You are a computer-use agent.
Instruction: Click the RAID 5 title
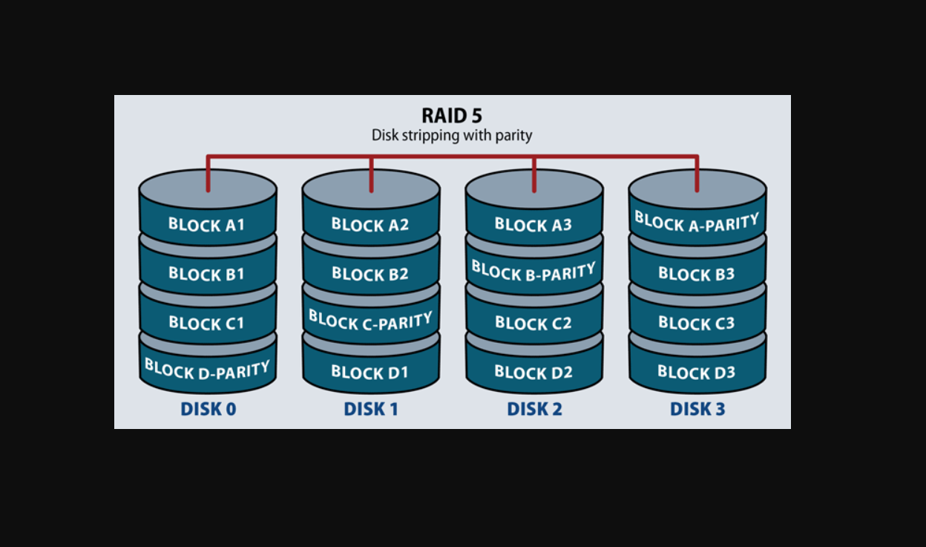[452, 116]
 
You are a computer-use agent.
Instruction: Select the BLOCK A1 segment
[207, 224]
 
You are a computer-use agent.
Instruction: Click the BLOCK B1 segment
[207, 274]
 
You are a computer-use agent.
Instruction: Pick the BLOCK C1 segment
[207, 323]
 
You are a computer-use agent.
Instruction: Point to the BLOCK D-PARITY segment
[207, 369]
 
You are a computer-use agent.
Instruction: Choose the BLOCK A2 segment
[370, 224]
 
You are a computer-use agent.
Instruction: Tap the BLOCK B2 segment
[370, 274]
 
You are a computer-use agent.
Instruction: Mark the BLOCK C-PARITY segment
[370, 321]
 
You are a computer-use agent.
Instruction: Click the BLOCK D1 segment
[370, 372]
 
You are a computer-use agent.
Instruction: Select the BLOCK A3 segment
[533, 224]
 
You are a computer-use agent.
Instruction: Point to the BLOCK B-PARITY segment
[533, 272]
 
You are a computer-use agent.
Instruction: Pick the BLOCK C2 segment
[533, 323]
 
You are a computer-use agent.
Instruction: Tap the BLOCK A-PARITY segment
[697, 222]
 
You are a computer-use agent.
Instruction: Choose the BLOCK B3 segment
[697, 274]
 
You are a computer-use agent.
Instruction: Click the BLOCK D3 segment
[697, 372]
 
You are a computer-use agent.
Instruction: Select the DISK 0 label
[208, 409]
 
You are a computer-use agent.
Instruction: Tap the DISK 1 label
[371, 409]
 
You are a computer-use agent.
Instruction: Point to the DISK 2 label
[534, 409]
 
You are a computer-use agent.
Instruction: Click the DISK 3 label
[697, 409]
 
